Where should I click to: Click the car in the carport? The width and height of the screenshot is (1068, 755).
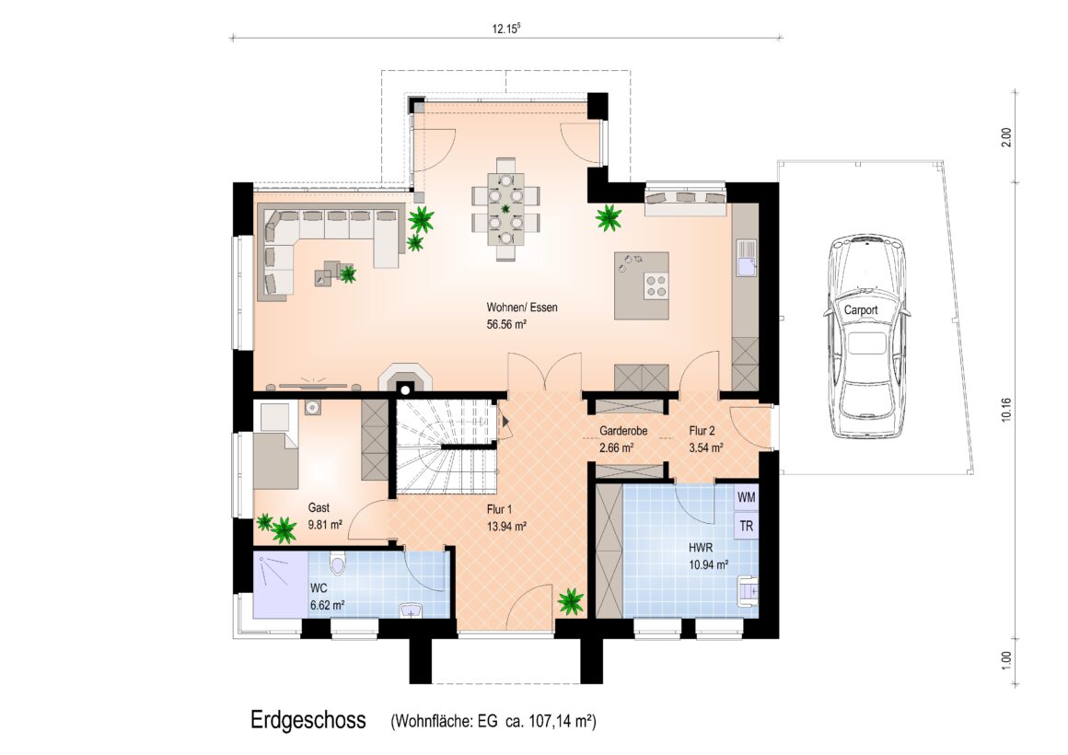pos(866,337)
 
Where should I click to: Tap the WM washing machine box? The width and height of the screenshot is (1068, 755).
pos(747,497)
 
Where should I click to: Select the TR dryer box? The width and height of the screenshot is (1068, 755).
pos(747,526)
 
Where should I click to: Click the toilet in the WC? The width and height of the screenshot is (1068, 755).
pos(337,564)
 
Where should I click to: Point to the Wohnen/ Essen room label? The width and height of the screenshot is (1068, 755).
pos(522,308)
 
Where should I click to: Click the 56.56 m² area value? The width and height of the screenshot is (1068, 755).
pos(506,325)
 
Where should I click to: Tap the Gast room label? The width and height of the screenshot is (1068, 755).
pos(319,507)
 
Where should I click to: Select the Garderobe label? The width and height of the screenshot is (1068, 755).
pos(623,431)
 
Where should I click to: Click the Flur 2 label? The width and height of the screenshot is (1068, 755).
pos(702,431)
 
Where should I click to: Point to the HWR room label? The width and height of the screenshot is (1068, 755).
pos(701,547)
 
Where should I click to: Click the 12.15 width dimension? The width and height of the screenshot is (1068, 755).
pos(506,29)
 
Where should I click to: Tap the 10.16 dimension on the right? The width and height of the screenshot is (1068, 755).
pos(1006,410)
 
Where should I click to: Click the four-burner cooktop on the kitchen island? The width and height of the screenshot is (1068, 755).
pos(656,285)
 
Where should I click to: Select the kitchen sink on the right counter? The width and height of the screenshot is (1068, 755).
pos(747,257)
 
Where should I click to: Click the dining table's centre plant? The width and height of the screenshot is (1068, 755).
pos(505,208)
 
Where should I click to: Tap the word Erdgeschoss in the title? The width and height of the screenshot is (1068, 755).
pos(308,720)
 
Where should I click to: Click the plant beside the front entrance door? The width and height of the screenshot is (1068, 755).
pos(570,601)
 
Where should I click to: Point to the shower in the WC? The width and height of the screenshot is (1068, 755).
pos(281,586)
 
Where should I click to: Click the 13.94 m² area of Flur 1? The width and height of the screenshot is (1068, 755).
pos(506,526)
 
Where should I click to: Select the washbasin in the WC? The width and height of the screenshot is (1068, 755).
pos(411,610)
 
